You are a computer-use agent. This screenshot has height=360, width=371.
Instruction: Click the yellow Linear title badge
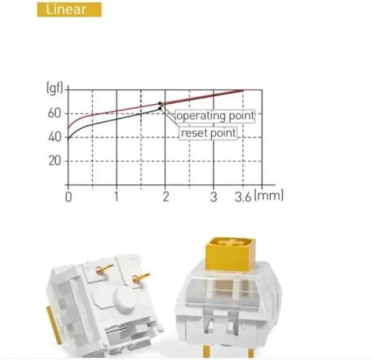[69, 9]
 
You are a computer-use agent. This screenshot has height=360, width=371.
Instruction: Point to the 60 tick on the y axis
[53, 113]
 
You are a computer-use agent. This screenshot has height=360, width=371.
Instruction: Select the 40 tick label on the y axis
[53, 137]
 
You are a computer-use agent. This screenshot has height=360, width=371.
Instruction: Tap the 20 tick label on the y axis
[53, 161]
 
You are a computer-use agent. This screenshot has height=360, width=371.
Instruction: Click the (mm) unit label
[269, 196]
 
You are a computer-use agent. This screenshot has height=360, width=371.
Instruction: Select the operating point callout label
[215, 115]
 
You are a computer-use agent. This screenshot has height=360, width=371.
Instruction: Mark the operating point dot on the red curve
[159, 104]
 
